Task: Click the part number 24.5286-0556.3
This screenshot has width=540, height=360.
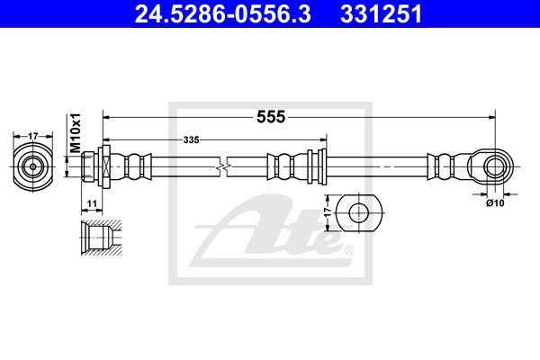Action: (x=223, y=13)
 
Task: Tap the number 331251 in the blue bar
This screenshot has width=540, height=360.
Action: (x=381, y=13)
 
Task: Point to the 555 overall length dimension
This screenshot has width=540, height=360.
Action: (x=271, y=117)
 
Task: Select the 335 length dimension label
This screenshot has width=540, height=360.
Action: (x=191, y=139)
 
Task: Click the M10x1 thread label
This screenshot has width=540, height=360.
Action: (x=75, y=132)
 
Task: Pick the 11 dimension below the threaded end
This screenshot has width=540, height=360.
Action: (x=92, y=204)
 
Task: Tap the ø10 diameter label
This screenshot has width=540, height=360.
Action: (x=495, y=203)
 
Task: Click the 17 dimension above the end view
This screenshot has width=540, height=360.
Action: (x=32, y=137)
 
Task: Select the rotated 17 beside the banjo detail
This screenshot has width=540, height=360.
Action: (x=328, y=211)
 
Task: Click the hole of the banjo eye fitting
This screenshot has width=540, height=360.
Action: (x=495, y=166)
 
